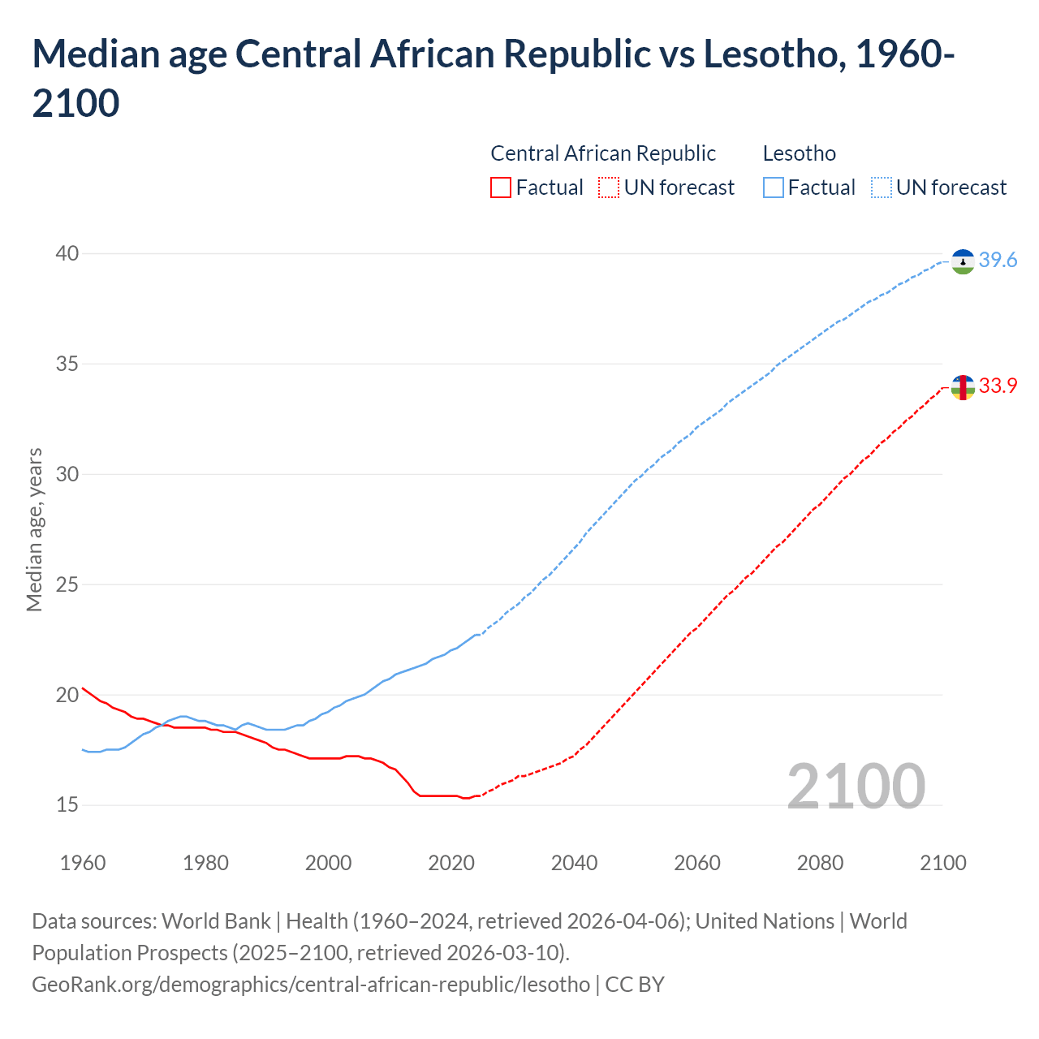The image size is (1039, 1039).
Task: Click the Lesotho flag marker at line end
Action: [x=963, y=261]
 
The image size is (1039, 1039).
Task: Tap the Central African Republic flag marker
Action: [x=963, y=387]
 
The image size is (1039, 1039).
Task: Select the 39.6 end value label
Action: [x=998, y=260]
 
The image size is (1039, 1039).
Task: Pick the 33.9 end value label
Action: [x=998, y=386]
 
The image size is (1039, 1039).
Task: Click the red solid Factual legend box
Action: [x=501, y=188]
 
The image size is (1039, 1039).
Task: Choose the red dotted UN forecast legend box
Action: [x=609, y=188]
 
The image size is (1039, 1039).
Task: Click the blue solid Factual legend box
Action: [x=774, y=188]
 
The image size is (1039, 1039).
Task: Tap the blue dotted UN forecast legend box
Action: [x=882, y=188]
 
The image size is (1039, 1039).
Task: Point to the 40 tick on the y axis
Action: [x=67, y=253]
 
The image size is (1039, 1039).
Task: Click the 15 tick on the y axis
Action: [x=67, y=804]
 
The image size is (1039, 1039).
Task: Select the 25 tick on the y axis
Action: [x=67, y=584]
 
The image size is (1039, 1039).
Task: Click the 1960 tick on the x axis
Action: [x=83, y=862]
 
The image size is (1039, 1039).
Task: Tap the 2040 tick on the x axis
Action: [x=574, y=862]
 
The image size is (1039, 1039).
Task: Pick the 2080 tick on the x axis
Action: [x=820, y=862]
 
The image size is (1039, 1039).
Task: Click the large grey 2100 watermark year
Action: [x=856, y=786]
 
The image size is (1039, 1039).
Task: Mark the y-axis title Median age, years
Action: [x=34, y=528]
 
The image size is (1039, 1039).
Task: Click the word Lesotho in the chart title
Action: [x=770, y=54]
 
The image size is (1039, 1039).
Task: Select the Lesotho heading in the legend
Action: [x=799, y=153]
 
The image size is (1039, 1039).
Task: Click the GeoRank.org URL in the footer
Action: [x=311, y=984]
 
